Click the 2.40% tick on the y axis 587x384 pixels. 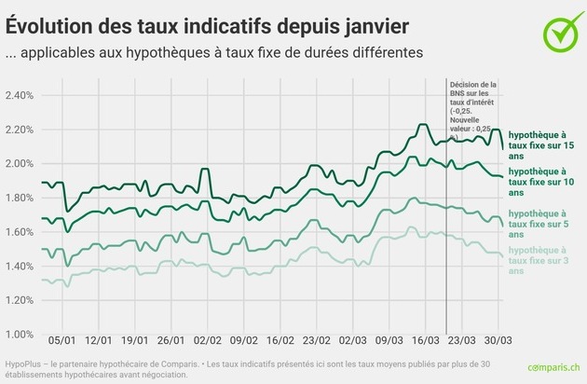(19, 96)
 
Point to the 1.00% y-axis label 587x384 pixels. (19, 335)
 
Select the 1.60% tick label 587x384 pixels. (19, 232)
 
